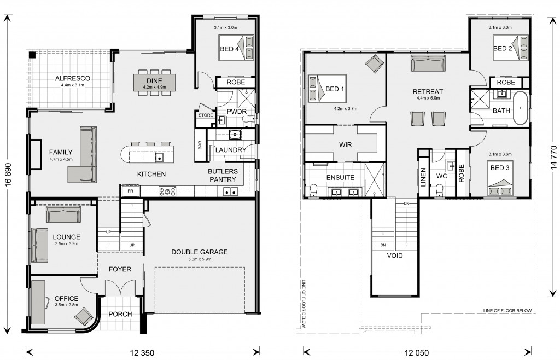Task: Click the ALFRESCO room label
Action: coord(73,78)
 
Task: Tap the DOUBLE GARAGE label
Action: coord(199,252)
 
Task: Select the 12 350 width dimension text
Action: coord(142,353)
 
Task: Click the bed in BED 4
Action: coord(236,48)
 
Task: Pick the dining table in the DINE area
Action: coord(154,82)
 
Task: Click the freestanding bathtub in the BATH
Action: coord(521,108)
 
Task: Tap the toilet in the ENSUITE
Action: coord(313,190)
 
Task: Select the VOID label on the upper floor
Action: coord(395,256)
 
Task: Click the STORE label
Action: coord(206,115)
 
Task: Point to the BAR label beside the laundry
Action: coord(200,145)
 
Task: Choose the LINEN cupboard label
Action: coord(424,177)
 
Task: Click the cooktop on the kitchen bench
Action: coord(167,191)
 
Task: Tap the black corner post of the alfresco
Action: coord(32,55)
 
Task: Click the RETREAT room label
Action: coord(428,92)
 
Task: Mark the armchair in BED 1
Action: coord(374,64)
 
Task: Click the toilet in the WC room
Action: coord(440,189)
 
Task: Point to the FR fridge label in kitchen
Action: coord(130,191)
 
